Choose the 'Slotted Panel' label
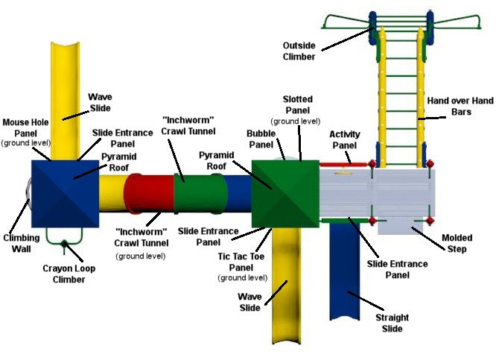pyautogui.click(x=298, y=104)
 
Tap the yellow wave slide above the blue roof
pyautogui.click(x=66, y=97)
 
